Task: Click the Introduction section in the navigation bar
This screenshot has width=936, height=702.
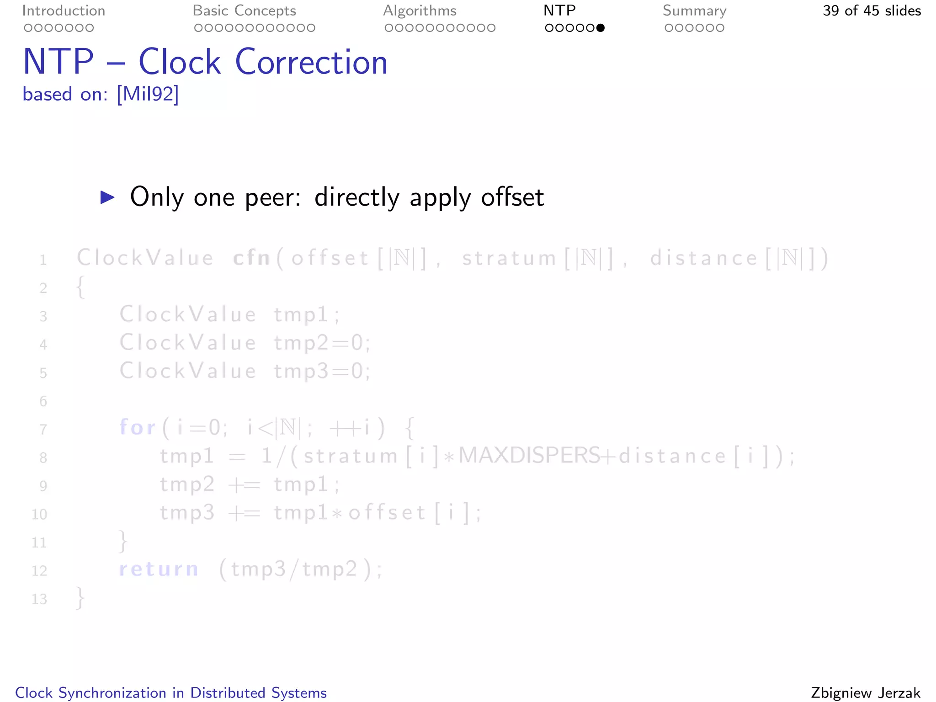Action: (64, 11)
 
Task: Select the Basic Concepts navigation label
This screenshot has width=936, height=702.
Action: (244, 11)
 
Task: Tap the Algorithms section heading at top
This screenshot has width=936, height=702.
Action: (420, 11)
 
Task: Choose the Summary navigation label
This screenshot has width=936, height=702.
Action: (694, 11)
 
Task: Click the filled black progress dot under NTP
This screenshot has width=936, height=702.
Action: (601, 28)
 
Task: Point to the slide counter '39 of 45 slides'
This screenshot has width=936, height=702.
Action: (872, 11)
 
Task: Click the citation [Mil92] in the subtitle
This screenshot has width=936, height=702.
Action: (148, 94)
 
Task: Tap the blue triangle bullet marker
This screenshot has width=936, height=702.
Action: (107, 197)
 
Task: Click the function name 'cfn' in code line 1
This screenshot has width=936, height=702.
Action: (251, 258)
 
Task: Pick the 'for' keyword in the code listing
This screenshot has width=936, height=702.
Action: (137, 427)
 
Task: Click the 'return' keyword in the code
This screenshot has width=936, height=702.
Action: (159, 569)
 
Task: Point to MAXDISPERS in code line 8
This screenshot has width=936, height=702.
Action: (529, 456)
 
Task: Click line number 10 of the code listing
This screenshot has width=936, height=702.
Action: (39, 514)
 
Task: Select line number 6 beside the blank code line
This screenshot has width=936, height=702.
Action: (43, 401)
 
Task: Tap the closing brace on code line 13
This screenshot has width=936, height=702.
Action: (80, 598)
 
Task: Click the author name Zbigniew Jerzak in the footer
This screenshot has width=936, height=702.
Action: (865, 693)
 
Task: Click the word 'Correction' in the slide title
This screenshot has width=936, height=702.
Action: (311, 62)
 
